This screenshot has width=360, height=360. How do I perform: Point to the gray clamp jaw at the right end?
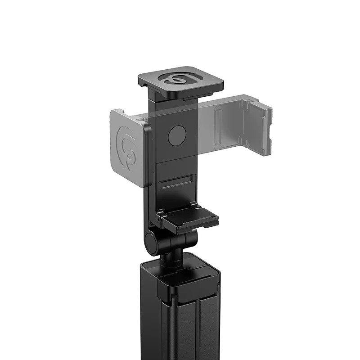click(x=261, y=126)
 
